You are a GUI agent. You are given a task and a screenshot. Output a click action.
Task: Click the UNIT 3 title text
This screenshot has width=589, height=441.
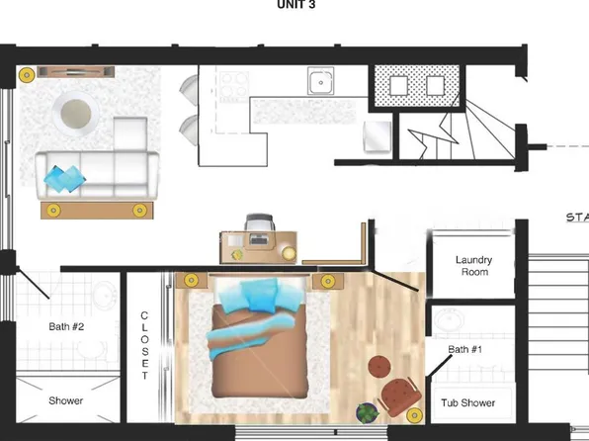click(294, 4)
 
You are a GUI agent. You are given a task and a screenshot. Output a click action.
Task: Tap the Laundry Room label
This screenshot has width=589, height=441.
click(473, 266)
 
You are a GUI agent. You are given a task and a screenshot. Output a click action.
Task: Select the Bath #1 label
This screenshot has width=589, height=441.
click(464, 349)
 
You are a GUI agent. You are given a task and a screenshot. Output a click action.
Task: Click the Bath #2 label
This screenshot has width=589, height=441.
click(66, 325)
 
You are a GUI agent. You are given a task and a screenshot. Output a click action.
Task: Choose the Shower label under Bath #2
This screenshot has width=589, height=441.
click(66, 401)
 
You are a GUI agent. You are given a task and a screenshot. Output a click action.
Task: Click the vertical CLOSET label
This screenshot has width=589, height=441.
click(144, 345)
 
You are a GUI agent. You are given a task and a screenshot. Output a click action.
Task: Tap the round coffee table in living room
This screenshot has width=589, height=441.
click(77, 115)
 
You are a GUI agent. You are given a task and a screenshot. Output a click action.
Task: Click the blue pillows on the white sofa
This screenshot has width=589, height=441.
click(65, 179)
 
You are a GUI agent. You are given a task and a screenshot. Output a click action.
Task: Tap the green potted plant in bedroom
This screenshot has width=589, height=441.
click(367, 411)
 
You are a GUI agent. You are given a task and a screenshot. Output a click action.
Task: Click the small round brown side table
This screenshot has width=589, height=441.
click(381, 367)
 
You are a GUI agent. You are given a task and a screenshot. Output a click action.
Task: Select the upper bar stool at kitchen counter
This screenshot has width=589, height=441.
click(188, 92)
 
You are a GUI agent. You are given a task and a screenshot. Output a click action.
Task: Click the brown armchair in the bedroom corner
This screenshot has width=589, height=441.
click(400, 396)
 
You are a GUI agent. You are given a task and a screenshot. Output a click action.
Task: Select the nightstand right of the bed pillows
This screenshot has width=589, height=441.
click(325, 282)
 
